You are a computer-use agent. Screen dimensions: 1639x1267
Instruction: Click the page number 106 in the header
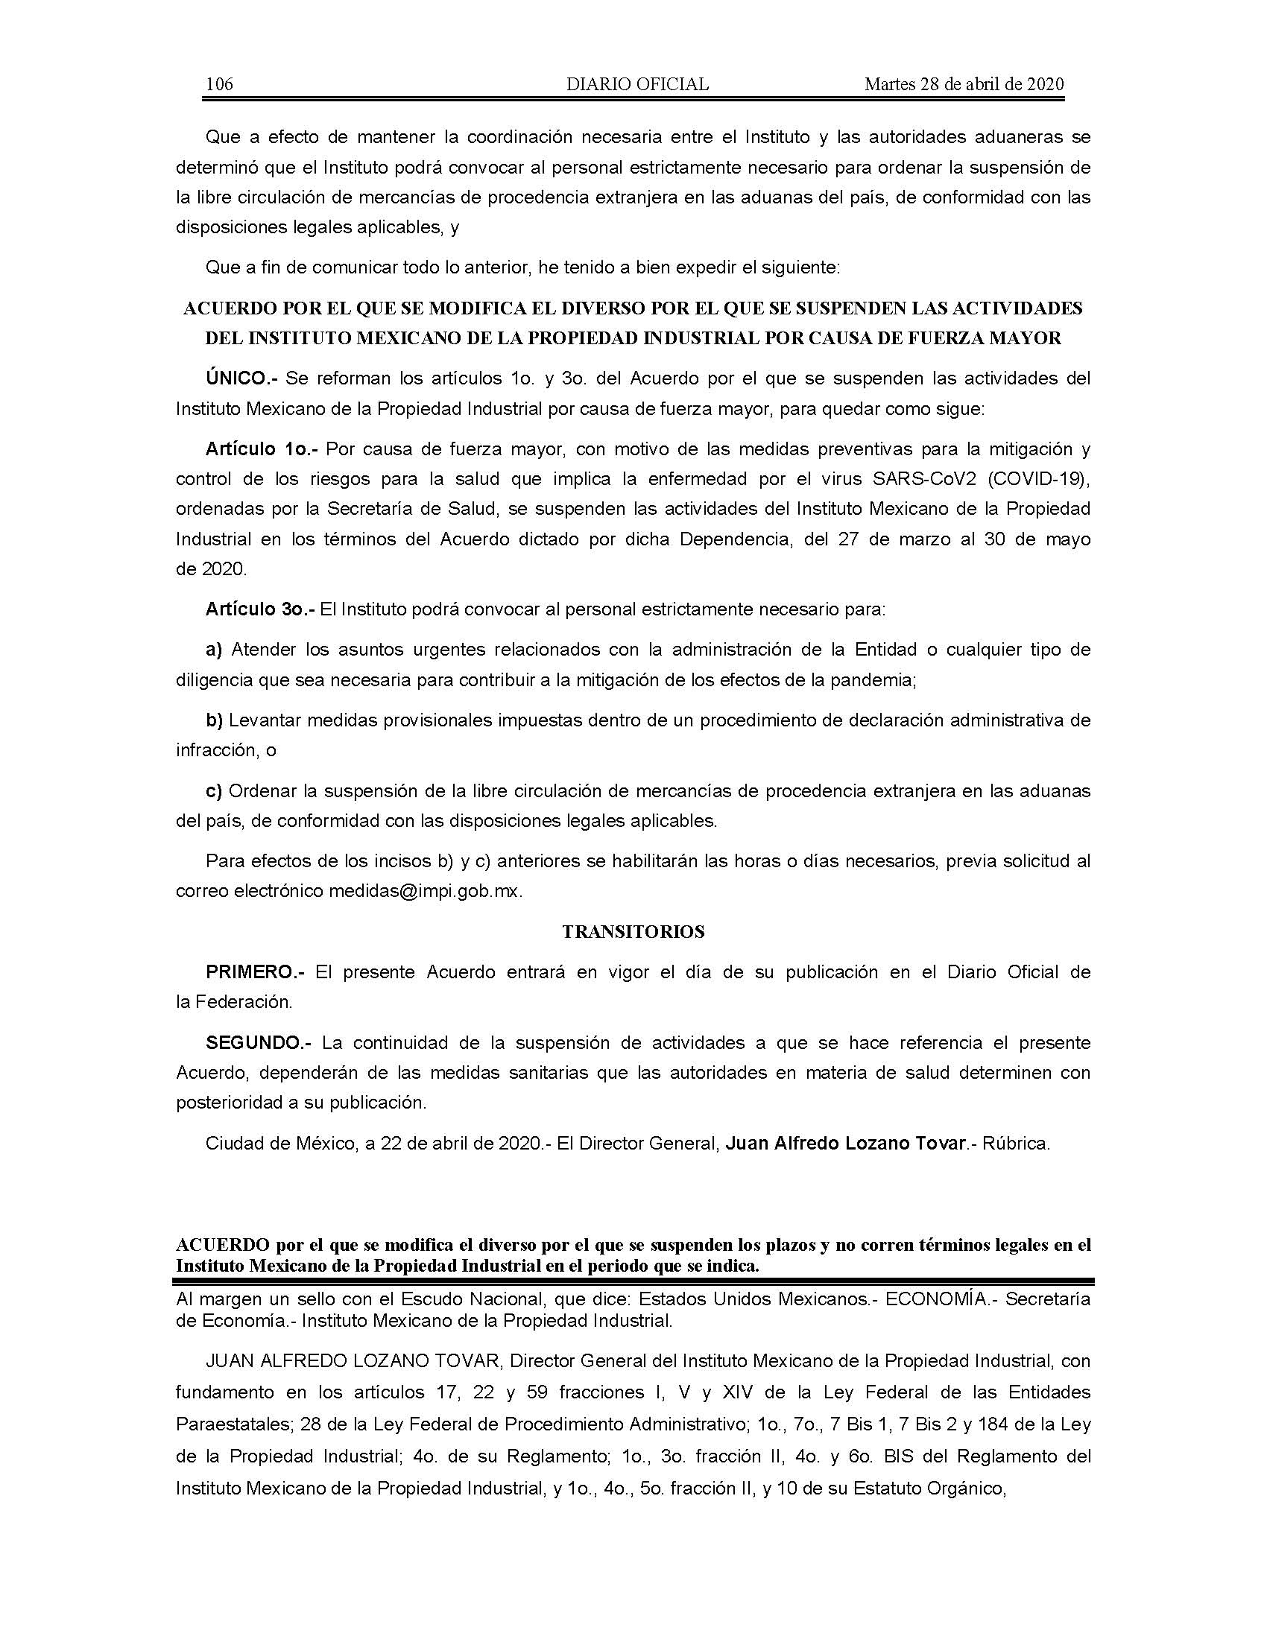coord(219,84)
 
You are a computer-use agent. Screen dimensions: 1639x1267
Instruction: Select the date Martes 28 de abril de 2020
coord(964,84)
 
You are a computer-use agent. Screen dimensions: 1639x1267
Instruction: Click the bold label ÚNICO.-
coord(241,378)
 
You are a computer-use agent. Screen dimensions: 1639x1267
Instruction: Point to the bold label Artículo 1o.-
coord(262,448)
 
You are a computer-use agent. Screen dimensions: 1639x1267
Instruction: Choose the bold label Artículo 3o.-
coord(260,609)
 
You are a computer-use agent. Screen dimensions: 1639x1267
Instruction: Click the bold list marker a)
coord(215,649)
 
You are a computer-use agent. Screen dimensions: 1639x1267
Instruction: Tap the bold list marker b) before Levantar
coord(215,720)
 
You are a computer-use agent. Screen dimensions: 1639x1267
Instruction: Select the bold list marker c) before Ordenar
coord(215,791)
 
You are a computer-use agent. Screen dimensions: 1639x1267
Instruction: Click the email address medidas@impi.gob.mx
coord(423,892)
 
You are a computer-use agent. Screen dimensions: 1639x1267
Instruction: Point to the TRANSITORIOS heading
coord(633,932)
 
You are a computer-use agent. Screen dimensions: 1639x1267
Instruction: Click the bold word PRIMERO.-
coord(255,971)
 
